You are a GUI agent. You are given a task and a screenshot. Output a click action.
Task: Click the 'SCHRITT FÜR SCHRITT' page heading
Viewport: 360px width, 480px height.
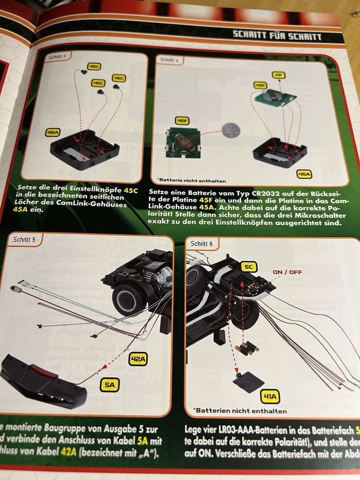click(276, 36)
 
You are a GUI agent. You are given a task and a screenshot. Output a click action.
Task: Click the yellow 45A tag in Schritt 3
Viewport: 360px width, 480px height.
click(53, 132)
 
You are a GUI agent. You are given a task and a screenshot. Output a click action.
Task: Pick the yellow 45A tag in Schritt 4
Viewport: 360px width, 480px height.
click(304, 174)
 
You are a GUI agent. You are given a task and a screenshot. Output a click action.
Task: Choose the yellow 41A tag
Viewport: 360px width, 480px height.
click(271, 396)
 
